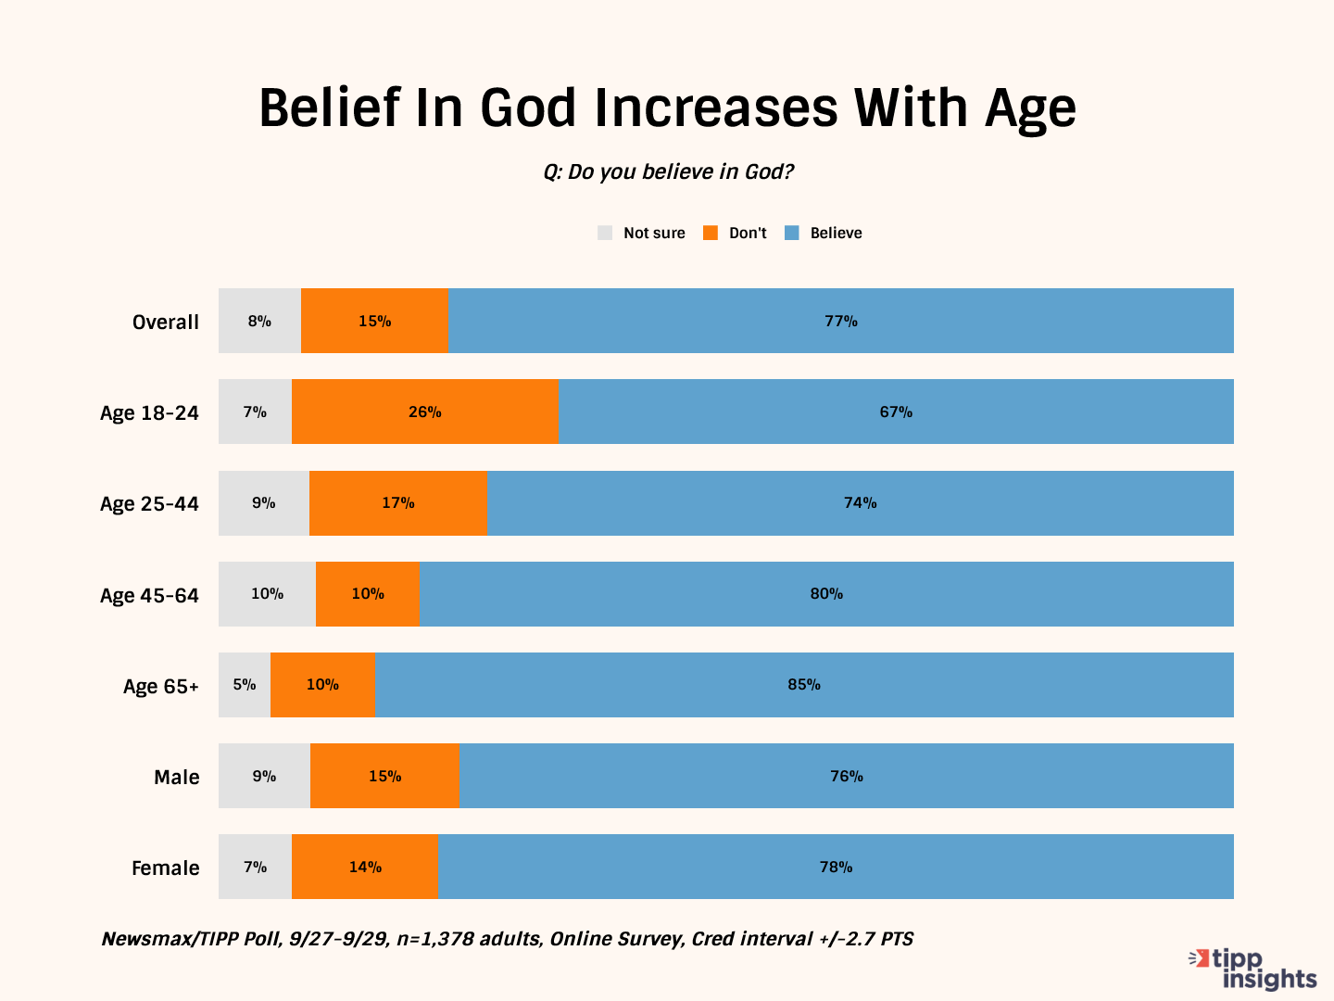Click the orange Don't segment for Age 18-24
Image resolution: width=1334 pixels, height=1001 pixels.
[425, 412]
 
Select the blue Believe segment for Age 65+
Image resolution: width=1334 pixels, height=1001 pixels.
[804, 685]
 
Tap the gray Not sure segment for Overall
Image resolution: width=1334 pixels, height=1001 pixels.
[259, 321]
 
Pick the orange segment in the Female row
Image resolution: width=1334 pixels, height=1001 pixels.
[365, 867]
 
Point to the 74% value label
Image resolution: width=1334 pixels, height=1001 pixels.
[860, 503]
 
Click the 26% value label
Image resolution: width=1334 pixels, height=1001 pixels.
[425, 412]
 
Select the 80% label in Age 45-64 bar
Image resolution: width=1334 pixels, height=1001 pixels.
[826, 594]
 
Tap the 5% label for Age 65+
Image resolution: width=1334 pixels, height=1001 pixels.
[245, 685]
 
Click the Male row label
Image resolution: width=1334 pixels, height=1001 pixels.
[177, 777]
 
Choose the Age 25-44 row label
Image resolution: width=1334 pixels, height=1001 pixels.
[149, 504]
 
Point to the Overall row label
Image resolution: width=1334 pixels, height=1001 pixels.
[166, 323]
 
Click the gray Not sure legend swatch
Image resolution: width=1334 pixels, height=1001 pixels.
[605, 233]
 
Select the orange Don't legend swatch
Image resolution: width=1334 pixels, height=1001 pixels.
[711, 233]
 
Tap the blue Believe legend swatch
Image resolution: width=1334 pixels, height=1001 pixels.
[792, 233]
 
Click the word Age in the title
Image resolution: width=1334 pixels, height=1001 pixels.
[1030, 109]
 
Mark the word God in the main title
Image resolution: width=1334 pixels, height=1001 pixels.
[528, 108]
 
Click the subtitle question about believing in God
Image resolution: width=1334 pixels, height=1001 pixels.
[668, 172]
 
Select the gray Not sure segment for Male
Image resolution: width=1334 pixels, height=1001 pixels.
[264, 776]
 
